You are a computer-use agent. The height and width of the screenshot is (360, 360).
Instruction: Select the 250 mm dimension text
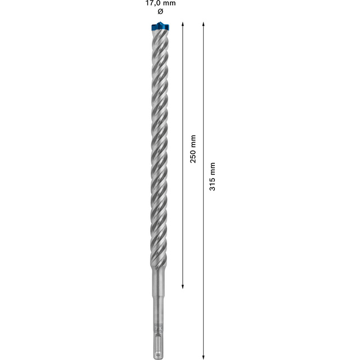click(193, 148)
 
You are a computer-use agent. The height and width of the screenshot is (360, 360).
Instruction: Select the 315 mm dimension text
click(212, 176)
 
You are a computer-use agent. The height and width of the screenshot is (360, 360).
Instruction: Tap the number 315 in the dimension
click(212, 183)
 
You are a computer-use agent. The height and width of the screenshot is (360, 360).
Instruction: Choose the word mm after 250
click(193, 140)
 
